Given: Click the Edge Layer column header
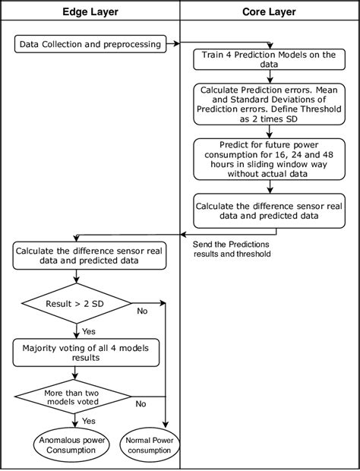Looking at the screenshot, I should [90, 13].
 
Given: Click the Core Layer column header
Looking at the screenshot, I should [270, 13].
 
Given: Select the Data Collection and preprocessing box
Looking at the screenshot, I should [90, 44].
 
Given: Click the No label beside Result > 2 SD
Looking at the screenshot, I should [142, 311].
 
